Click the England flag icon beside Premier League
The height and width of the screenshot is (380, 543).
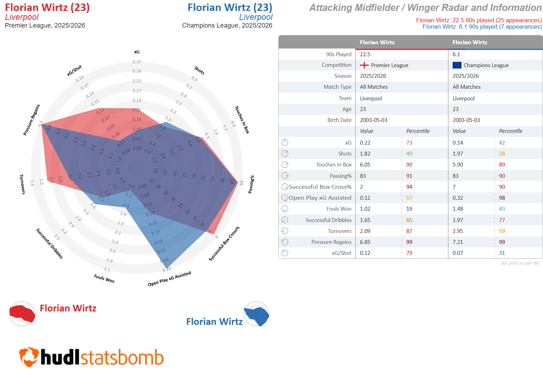click(364, 65)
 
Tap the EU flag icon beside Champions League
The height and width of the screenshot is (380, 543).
click(457, 65)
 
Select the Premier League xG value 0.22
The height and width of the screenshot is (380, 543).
click(365, 142)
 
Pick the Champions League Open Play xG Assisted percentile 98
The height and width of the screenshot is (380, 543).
click(502, 198)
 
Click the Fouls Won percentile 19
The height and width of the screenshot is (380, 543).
click(409, 209)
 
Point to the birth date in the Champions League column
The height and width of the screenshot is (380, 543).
click(466, 120)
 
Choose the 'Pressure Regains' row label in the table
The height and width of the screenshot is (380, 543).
click(331, 242)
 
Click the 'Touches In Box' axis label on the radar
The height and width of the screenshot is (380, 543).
click(242, 120)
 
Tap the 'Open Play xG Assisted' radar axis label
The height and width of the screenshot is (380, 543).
click(169, 279)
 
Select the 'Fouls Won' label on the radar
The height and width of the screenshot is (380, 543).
click(104, 279)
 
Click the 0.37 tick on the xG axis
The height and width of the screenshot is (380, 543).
click(137, 62)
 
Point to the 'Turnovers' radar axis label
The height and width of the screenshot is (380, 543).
click(23, 184)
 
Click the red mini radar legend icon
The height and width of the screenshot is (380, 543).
click(22, 314)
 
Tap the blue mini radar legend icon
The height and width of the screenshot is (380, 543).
click(256, 314)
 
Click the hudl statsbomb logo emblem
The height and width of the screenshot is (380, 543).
click(29, 357)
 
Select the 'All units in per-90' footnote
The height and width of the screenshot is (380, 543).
click(520, 263)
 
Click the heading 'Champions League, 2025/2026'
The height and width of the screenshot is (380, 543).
click(227, 25)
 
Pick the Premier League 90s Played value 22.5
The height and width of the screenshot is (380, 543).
click(365, 54)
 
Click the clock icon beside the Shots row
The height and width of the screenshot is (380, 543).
click(285, 153)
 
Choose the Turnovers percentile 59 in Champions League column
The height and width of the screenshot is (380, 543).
click(502, 231)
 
